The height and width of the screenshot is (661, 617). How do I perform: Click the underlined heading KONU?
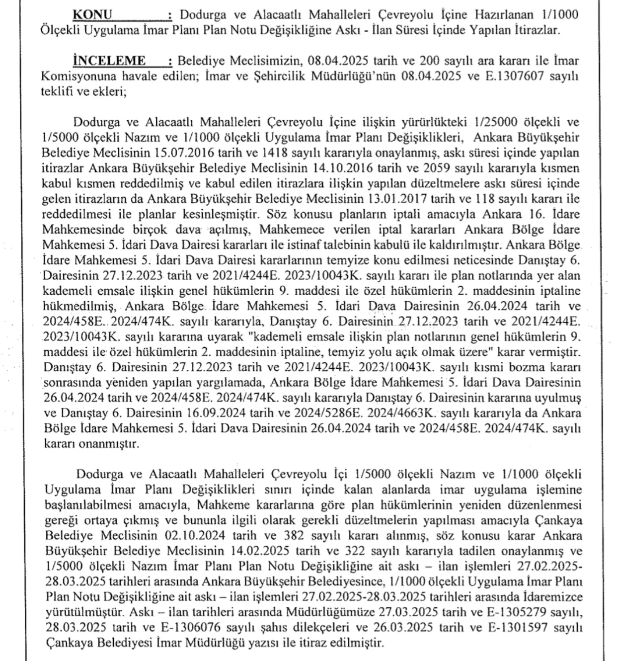(92, 14)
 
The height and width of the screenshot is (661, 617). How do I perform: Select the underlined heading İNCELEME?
(109, 61)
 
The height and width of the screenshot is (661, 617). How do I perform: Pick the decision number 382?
(294, 536)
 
